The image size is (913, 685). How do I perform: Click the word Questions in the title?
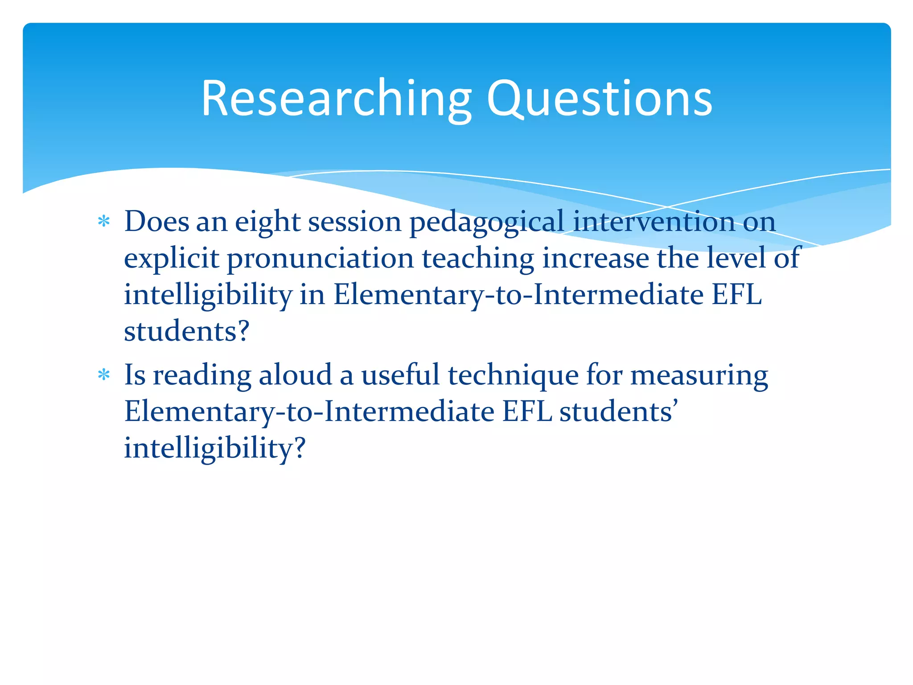tap(599, 99)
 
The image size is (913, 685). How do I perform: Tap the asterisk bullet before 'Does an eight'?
tap(104, 222)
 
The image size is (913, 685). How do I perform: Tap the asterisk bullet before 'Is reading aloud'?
tap(104, 375)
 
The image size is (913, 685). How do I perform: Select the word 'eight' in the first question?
tap(267, 222)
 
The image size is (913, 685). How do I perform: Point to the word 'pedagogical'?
tap(487, 222)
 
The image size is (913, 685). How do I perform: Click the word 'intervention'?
tap(654, 222)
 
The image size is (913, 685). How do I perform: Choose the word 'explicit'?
tap(171, 258)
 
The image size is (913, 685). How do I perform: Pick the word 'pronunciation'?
tap(321, 258)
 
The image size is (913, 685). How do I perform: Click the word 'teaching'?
tap(478, 258)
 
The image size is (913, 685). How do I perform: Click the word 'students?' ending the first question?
tap(186, 331)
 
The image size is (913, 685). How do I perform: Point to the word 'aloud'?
tap(295, 375)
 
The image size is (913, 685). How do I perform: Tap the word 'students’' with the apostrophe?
tap(619, 412)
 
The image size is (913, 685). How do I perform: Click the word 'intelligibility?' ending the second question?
tap(215, 448)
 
